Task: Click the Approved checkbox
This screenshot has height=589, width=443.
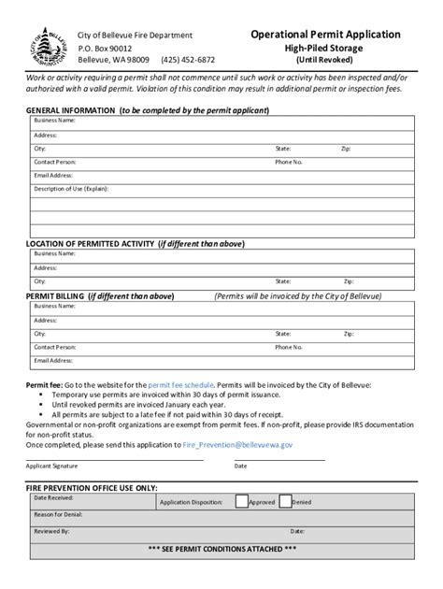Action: [x=241, y=501]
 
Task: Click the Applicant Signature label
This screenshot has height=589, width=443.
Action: [x=51, y=465]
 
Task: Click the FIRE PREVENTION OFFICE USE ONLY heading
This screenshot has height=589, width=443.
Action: [x=91, y=488]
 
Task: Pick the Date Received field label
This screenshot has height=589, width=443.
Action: [x=53, y=498]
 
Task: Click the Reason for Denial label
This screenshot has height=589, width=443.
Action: [x=58, y=514]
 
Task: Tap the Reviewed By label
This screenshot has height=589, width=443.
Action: [x=51, y=530]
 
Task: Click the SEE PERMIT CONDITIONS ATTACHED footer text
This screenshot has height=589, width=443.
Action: [x=221, y=549]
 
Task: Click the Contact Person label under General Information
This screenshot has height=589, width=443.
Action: [x=55, y=161]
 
